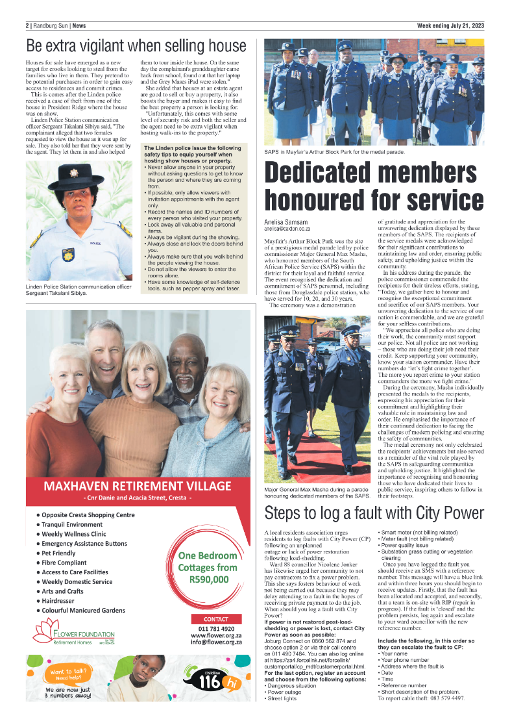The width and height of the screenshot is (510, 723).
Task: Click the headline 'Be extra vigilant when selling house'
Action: coord(136,47)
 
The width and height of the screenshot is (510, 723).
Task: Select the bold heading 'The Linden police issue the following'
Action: coord(192,149)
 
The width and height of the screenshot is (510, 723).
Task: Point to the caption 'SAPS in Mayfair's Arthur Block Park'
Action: coord(334,152)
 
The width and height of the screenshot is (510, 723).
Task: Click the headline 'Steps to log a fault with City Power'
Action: coord(374,513)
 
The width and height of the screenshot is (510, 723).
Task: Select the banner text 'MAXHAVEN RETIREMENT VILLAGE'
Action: coord(137,486)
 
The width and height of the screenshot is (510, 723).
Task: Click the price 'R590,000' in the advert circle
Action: coord(208,579)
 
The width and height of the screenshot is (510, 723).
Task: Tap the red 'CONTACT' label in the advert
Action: coord(216,619)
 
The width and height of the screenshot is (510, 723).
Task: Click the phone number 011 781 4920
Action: coord(216,629)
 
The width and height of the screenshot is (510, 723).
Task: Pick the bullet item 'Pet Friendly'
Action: coord(59,553)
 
